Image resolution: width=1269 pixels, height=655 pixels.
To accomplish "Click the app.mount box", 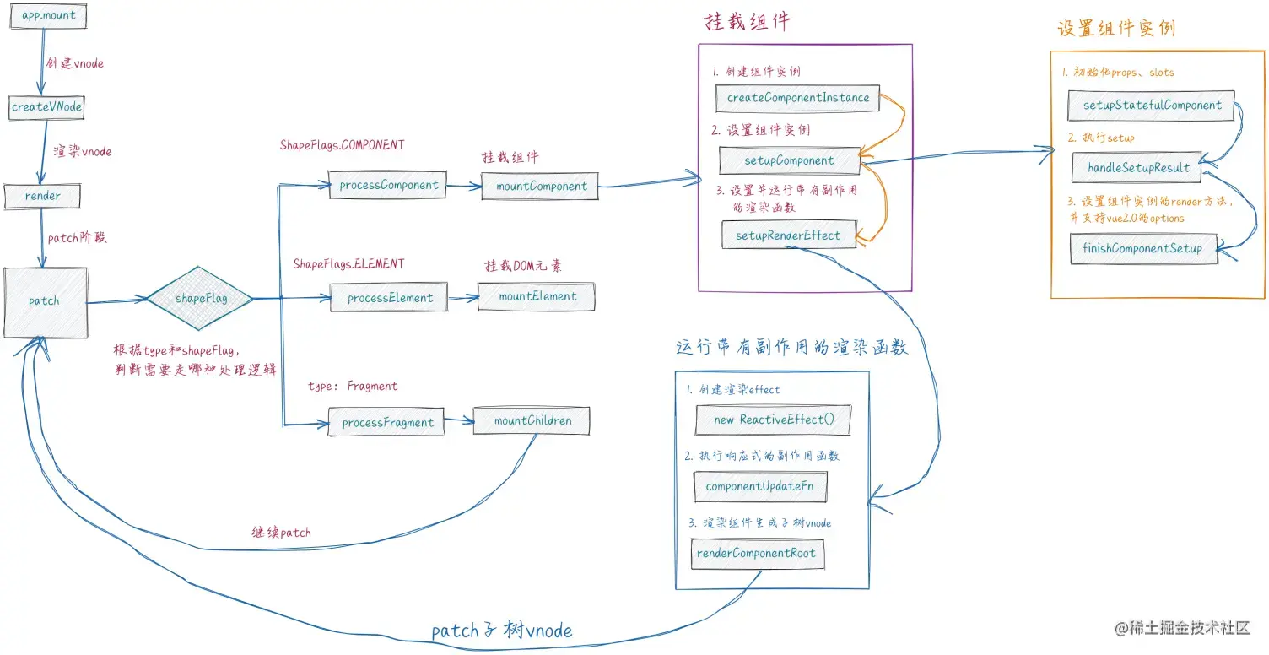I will [49, 16].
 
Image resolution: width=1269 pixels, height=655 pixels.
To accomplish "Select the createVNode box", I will [46, 107].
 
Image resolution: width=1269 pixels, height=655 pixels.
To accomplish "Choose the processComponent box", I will [388, 186].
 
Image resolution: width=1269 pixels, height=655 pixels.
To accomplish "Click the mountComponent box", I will [541, 186].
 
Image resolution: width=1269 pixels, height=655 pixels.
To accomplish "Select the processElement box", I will [389, 297].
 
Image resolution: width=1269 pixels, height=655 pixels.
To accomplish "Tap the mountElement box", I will [537, 296].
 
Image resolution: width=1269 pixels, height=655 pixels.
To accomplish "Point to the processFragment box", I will [388, 422].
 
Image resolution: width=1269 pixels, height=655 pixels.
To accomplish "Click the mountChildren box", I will [532, 420].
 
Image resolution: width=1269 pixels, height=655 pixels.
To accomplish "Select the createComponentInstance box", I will [797, 98].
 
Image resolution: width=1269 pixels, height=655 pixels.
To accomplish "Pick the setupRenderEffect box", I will [788, 235].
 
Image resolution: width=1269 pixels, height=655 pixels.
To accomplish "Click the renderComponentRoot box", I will [757, 554].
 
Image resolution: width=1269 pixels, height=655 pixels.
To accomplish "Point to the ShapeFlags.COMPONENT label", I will [342, 145].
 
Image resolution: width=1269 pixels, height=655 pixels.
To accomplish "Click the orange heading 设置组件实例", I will [1115, 29].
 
